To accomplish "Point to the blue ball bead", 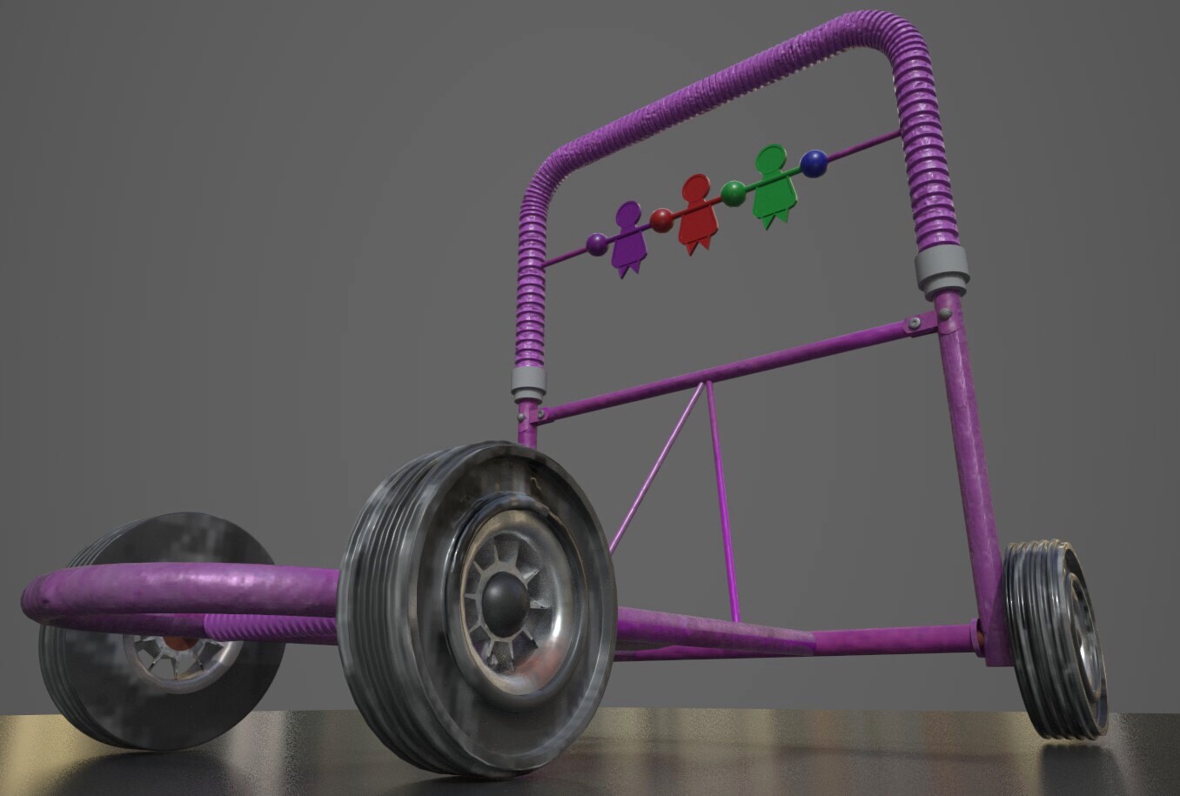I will coord(815,164).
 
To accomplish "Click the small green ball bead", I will coord(734,193).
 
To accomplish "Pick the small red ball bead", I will coord(662,220).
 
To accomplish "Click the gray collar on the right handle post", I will coord(942,271).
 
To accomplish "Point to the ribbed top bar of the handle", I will coord(714,74).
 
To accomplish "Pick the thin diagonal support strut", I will coord(657,470).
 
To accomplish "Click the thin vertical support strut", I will coord(722,505).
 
